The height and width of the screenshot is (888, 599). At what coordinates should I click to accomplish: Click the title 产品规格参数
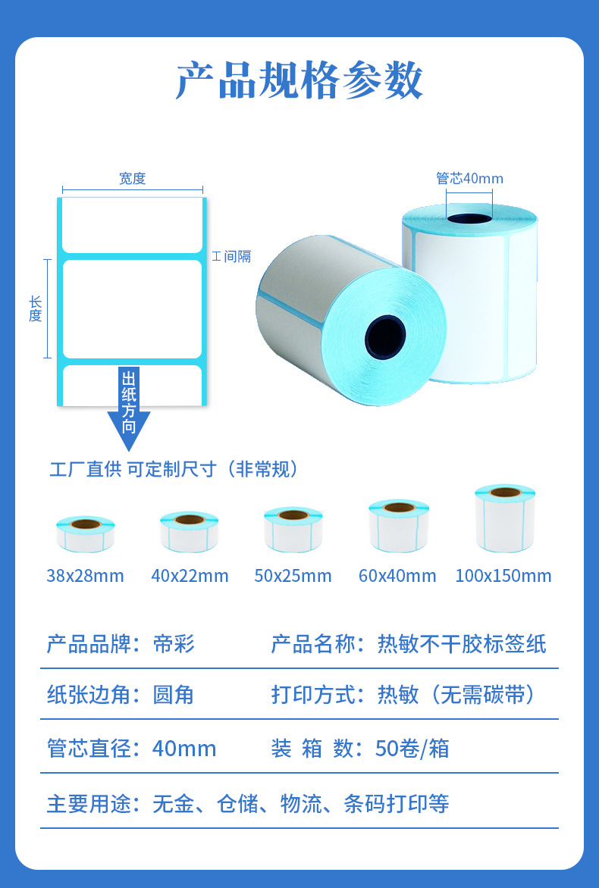click(x=299, y=80)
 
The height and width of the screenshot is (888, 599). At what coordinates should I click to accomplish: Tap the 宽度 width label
click(x=132, y=179)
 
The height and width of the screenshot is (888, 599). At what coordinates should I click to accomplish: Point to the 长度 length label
click(x=36, y=308)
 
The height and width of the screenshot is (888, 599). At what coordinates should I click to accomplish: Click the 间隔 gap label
click(x=232, y=257)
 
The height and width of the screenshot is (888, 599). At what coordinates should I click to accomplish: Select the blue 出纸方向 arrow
click(x=129, y=409)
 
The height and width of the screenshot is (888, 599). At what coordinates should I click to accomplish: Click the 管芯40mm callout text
click(x=469, y=179)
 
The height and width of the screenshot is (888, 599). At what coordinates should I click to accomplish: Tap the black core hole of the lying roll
click(x=385, y=334)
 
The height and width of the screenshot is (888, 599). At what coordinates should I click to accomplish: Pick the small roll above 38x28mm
click(x=85, y=533)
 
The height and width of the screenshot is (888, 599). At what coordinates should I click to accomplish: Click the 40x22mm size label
click(x=190, y=576)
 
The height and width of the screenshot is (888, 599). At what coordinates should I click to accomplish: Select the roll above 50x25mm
click(x=293, y=528)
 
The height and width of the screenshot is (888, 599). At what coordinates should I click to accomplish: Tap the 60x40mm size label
click(x=397, y=576)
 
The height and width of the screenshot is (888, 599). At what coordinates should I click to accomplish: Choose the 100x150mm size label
click(x=503, y=576)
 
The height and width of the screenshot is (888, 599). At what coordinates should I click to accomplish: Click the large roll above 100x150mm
click(x=505, y=518)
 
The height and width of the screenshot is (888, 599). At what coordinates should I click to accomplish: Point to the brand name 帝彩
click(x=174, y=644)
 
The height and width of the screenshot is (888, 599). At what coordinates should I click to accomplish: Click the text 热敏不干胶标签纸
click(x=462, y=644)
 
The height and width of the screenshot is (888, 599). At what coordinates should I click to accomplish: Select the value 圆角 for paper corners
click(x=174, y=695)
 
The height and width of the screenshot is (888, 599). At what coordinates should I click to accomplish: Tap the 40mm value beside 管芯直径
click(x=184, y=749)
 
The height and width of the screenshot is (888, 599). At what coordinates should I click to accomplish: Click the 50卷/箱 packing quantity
click(x=412, y=749)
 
